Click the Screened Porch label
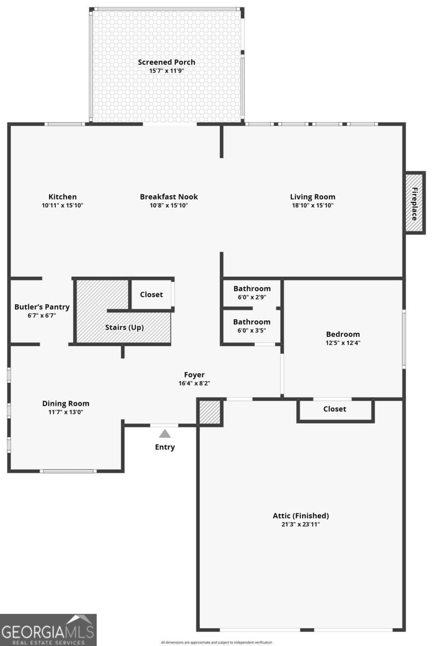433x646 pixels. (166, 62)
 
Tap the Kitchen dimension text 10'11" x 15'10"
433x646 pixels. (62, 205)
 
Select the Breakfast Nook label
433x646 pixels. (169, 196)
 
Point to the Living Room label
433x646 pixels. (313, 197)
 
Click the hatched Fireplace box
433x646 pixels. (414, 202)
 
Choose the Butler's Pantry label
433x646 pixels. (42, 307)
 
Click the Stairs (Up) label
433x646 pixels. (124, 327)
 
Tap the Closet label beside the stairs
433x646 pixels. (151, 294)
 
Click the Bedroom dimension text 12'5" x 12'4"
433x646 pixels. (343, 343)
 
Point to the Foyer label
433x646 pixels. (194, 375)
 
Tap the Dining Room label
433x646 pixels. (66, 403)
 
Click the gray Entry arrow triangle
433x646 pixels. (165, 433)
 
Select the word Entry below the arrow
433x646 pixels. (165, 447)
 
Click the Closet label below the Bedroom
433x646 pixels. (334, 409)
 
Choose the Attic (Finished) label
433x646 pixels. (301, 516)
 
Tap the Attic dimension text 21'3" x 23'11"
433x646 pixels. (301, 524)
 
